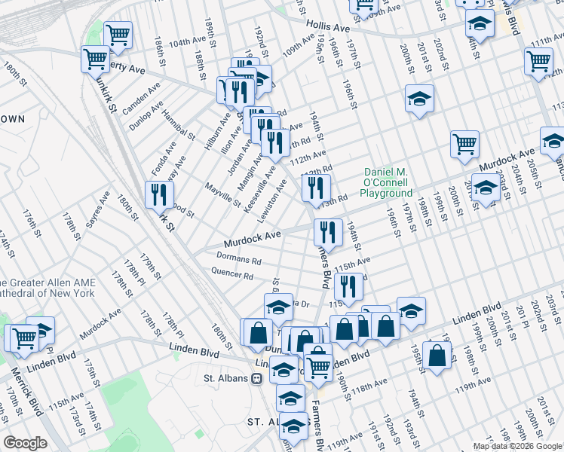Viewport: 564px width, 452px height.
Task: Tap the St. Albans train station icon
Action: pyautogui.click(x=258, y=378)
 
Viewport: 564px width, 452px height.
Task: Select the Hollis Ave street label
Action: pyautogui.click(x=327, y=28)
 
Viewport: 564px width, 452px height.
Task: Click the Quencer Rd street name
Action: pyautogui.click(x=231, y=274)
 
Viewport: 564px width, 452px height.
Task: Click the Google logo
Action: pyautogui.click(x=25, y=443)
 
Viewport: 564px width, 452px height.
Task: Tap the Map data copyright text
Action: pyautogui.click(x=516, y=446)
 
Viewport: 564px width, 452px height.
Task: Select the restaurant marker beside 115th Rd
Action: pyautogui.click(x=348, y=286)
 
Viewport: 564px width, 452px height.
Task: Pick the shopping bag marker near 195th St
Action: pyautogui.click(x=437, y=355)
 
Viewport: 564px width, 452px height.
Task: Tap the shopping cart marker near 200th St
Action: pyautogui.click(x=465, y=144)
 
